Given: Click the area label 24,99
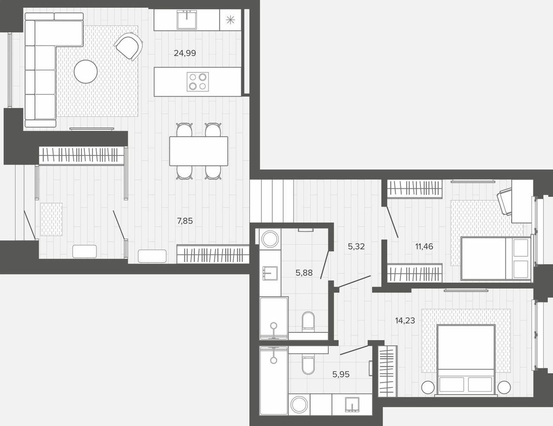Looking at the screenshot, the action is tap(185, 53).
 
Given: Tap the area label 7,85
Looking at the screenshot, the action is tap(185, 221).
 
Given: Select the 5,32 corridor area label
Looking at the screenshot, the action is tap(356, 246).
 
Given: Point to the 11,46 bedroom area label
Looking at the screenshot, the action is tap(424, 246).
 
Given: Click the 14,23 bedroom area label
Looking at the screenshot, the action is tap(405, 320).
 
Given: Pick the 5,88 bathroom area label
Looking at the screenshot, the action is tap(304, 273).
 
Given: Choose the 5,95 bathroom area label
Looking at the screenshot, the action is tap(341, 374).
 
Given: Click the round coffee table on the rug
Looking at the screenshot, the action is tap(86, 71).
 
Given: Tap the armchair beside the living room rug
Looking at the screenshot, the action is tap(128, 46).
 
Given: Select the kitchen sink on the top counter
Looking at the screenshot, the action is tap(187, 19).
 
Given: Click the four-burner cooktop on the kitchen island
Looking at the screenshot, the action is tap(198, 81).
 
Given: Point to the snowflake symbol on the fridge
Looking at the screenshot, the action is tap(230, 20).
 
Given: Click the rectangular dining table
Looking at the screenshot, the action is tap(198, 151).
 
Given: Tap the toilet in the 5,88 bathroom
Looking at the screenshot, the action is tap(308, 322).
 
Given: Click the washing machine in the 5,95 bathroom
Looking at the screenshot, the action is tap(299, 404).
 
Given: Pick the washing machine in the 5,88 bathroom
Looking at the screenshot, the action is tap(270, 239).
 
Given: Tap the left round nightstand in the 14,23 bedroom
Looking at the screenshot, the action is tap(428, 388).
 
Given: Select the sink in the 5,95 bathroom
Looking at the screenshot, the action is tap(352, 404).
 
